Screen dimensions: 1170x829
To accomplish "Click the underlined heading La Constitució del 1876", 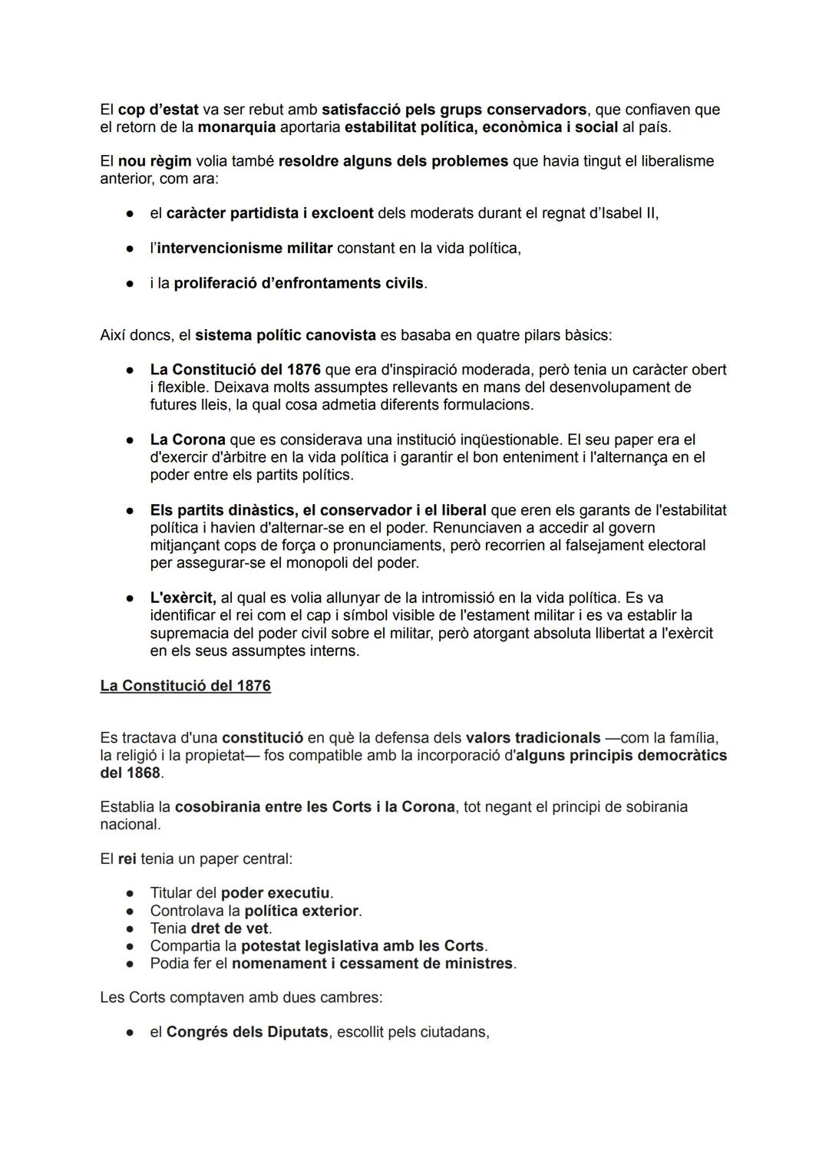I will (x=185, y=685).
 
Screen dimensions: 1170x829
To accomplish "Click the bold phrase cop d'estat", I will (x=158, y=110).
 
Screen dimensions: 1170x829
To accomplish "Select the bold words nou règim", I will (x=154, y=161).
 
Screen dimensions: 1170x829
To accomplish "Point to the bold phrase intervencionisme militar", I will (x=245, y=249).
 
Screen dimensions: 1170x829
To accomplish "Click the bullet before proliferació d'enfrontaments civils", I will (x=130, y=284).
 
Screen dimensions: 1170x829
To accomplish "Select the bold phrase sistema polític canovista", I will (x=286, y=335).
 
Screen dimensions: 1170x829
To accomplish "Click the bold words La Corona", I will (x=187, y=440).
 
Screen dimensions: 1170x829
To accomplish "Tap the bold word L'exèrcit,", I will (x=183, y=598).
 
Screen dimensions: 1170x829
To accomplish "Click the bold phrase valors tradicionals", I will (x=533, y=738).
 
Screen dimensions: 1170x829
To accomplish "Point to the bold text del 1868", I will (x=130, y=773).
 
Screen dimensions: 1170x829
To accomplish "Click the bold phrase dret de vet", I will (x=230, y=928).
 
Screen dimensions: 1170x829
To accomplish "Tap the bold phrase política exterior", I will (x=301, y=911).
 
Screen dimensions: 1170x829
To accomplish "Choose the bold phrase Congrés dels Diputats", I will (x=247, y=1032).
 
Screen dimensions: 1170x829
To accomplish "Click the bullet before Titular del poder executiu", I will (x=130, y=894).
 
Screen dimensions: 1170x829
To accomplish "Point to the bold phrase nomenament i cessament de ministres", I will (x=372, y=963).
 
